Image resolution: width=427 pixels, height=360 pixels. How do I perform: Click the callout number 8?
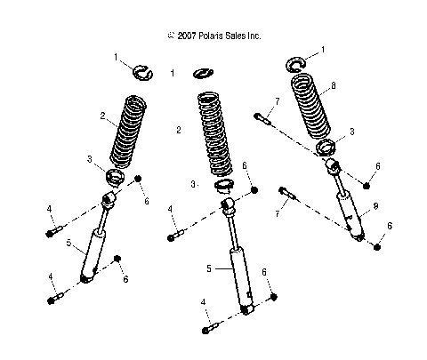[x=334, y=86]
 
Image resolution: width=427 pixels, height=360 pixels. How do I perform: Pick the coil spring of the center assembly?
[x=215, y=134]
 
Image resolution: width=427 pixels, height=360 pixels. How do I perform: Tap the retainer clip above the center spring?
[x=205, y=74]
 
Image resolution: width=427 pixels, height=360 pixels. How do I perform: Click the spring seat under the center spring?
[x=224, y=188]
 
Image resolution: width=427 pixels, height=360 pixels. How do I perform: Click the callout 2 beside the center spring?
[x=179, y=131]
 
